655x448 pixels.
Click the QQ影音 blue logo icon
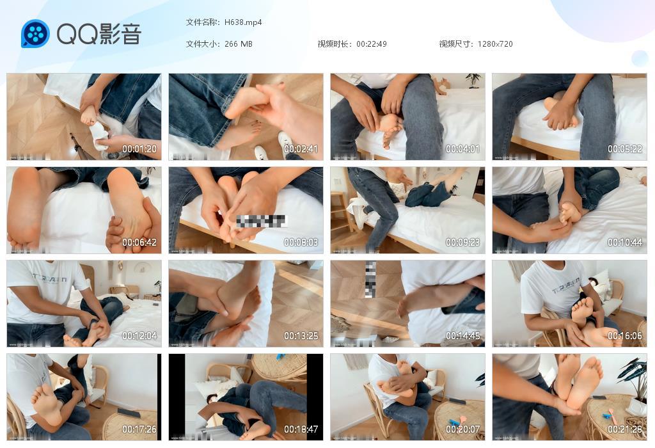(x=35, y=34)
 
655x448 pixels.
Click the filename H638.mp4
(x=243, y=22)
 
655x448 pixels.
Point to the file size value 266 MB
(x=239, y=44)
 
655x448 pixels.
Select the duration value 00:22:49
(x=372, y=44)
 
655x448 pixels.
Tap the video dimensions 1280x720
(x=495, y=44)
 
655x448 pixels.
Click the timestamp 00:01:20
(x=139, y=149)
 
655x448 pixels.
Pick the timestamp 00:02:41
(x=301, y=149)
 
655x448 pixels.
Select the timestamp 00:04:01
(x=463, y=149)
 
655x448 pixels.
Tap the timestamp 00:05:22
(x=625, y=149)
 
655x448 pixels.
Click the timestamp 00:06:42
(x=139, y=243)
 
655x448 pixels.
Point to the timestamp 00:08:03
(x=301, y=243)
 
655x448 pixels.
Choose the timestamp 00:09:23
(x=463, y=243)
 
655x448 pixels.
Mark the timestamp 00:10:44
(x=625, y=243)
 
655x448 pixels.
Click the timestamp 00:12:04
(x=139, y=336)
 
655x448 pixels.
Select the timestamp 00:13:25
(x=301, y=336)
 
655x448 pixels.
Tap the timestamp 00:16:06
(x=625, y=336)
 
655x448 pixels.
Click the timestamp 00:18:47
(x=301, y=429)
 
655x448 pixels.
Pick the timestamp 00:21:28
(x=625, y=429)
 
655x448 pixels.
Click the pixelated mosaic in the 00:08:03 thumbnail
(x=262, y=221)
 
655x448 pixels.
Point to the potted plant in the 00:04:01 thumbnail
(x=473, y=80)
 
